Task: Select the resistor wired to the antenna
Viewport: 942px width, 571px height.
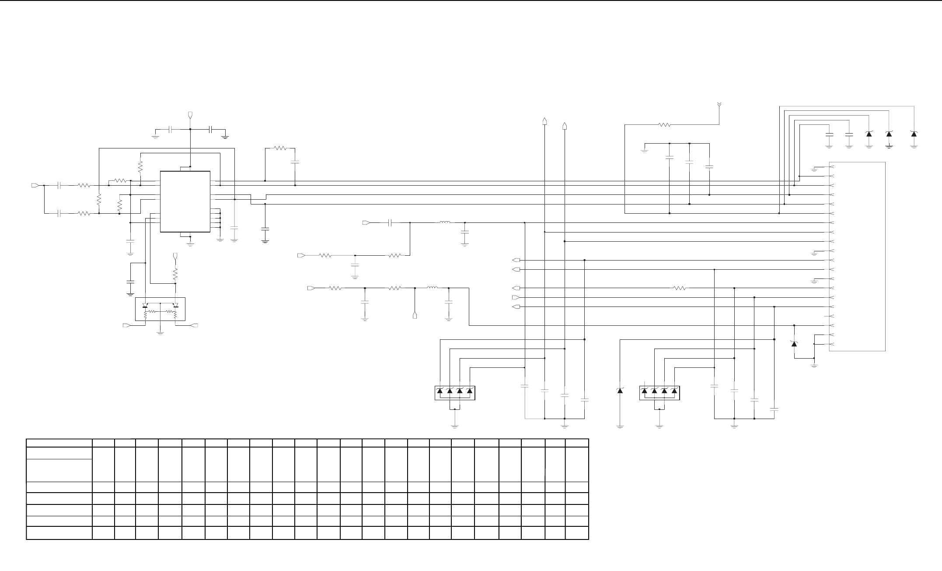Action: pos(664,125)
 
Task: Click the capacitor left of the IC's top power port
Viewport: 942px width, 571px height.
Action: pos(171,130)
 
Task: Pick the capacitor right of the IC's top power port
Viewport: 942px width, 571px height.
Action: pos(211,130)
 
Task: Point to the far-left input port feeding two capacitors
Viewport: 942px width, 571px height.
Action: pos(35,186)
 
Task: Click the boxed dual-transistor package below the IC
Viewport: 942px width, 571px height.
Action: pos(160,309)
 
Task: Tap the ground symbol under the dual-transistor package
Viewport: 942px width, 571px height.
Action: pos(160,333)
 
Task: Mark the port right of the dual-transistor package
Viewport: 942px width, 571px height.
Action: pos(195,326)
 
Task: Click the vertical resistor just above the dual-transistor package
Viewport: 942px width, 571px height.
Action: pos(175,275)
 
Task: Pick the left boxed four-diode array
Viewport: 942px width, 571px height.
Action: pos(455,392)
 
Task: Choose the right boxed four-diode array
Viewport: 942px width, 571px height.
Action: pos(659,392)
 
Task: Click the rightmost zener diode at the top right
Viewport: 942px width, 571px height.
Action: pos(914,133)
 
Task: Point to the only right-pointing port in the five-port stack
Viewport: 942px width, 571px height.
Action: pos(516,298)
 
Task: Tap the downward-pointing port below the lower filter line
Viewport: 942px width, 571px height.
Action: pos(415,315)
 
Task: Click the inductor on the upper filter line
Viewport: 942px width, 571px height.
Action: pos(445,222)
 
